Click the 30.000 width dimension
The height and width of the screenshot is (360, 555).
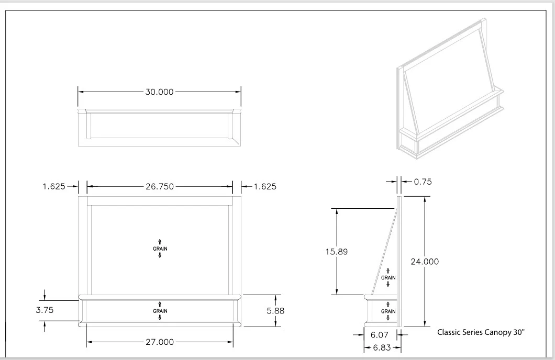(159, 92)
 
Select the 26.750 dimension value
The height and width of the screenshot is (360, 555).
(160, 187)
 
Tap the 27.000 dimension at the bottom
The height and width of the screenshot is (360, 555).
(160, 342)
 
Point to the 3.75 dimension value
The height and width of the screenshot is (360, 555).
(45, 310)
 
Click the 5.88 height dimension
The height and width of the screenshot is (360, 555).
(275, 311)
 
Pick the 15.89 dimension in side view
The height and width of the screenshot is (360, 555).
(337, 252)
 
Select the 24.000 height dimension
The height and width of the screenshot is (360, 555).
(425, 262)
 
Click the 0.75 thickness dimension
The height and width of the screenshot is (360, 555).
(423, 182)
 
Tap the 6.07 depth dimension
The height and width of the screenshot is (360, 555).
(380, 335)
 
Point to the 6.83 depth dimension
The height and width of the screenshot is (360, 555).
(382, 347)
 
